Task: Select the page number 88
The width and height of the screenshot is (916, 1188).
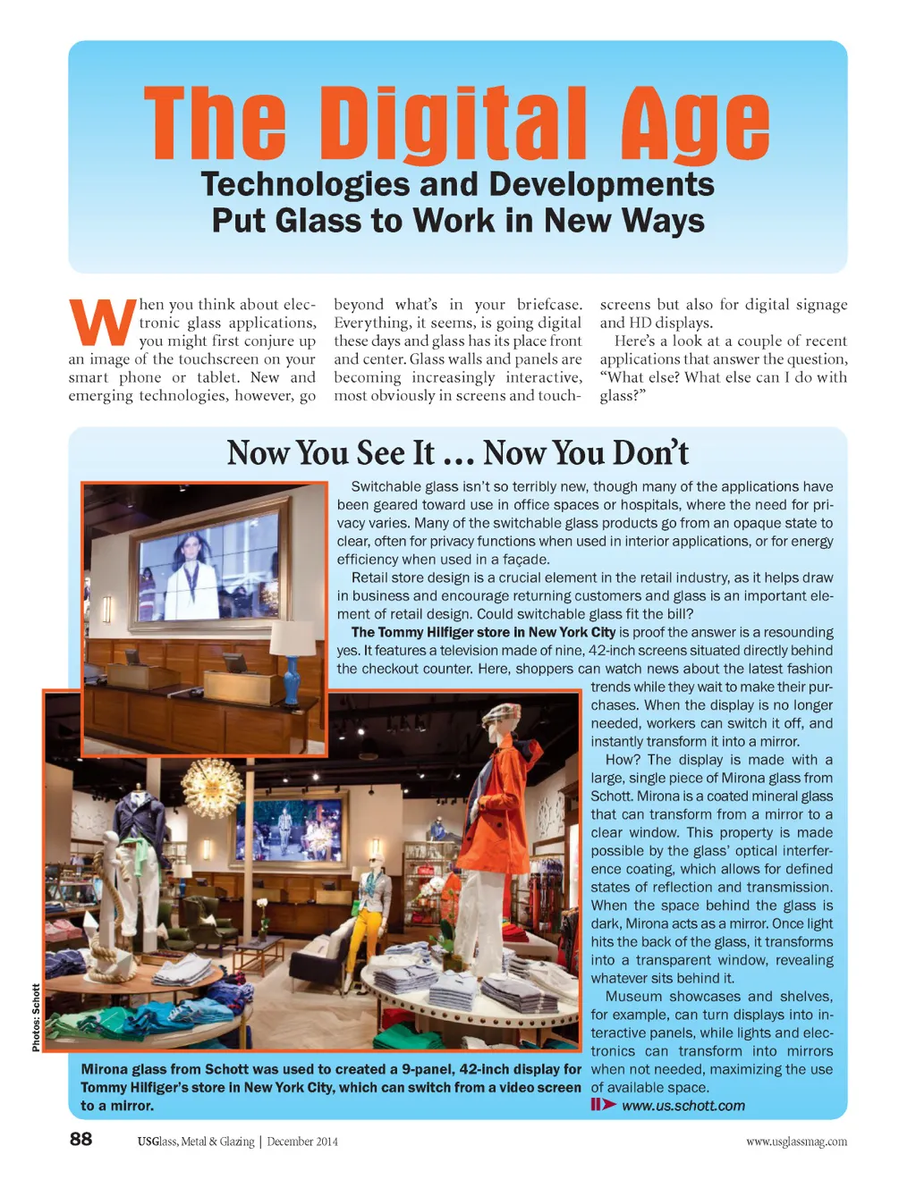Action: pos(81,1138)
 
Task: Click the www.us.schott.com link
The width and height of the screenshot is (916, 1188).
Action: pos(683,1106)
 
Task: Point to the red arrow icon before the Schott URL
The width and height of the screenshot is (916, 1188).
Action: pos(603,1105)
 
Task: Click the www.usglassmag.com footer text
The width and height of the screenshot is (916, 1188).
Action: pos(796,1142)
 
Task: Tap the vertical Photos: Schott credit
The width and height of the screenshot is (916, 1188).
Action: pos(36,1017)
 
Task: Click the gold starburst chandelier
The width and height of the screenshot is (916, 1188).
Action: pos(212,788)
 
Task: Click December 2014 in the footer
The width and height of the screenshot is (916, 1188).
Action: pos(302,1142)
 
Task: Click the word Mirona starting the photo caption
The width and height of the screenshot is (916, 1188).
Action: pos(104,1069)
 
